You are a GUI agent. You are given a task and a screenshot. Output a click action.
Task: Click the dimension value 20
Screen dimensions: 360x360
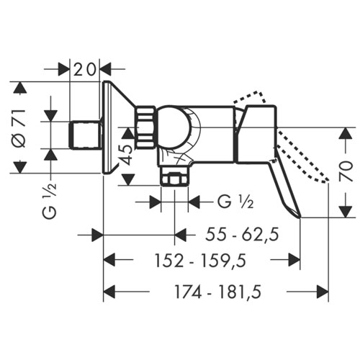tap(84, 70)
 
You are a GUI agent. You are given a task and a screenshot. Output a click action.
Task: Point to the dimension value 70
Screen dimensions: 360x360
tap(346, 171)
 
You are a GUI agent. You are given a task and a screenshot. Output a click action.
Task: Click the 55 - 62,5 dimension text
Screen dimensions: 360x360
tap(242, 235)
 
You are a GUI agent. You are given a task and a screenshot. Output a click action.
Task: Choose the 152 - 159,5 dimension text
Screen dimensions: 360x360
tap(201, 261)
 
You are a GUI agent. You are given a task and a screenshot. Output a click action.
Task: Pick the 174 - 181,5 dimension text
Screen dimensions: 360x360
tap(218, 292)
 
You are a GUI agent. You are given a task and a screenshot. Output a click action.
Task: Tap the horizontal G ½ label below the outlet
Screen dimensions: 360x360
tap(235, 202)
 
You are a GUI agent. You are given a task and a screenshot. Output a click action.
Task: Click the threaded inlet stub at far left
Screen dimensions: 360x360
tap(85, 135)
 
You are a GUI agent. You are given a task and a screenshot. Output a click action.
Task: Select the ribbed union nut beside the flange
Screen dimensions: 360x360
tap(145, 127)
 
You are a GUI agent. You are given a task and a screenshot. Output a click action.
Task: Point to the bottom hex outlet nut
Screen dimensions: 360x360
tap(174, 176)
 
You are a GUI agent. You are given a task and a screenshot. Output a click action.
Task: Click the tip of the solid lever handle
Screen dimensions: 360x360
tap(300, 217)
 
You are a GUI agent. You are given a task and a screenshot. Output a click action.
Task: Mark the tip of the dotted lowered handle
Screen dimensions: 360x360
tap(328, 181)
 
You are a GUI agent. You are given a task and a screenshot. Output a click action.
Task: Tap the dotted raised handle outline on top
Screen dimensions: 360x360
tap(251, 98)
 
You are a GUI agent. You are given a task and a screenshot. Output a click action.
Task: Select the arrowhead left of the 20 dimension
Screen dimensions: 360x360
tap(63, 70)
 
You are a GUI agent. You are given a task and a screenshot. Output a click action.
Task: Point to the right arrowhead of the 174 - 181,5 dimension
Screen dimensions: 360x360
tap(323, 292)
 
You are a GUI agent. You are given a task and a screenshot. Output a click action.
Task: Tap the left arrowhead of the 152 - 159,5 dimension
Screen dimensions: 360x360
tap(109, 260)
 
